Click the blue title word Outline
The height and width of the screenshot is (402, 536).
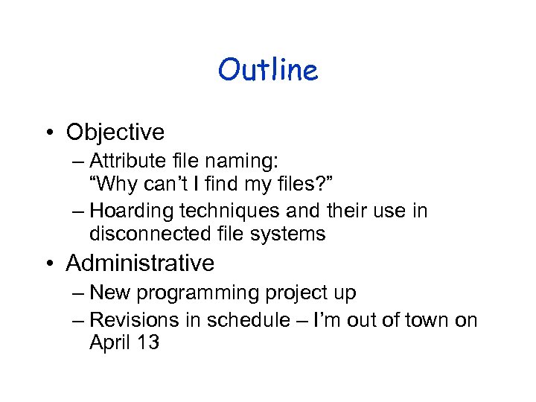point(268,70)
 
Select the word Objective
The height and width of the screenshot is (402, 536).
point(115,132)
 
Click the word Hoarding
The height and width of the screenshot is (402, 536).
point(137,211)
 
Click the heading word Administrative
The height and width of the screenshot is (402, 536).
point(140,263)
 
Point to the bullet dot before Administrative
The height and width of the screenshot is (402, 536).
point(50,264)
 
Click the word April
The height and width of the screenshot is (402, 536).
point(109,343)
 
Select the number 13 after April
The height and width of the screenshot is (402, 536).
point(148,343)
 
